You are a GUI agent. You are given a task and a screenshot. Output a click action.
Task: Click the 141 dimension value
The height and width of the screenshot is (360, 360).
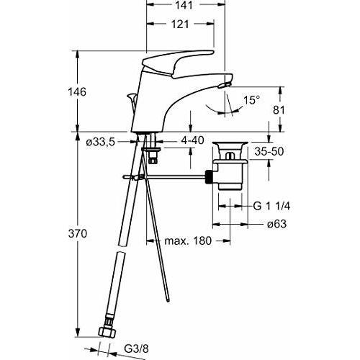point(184,5)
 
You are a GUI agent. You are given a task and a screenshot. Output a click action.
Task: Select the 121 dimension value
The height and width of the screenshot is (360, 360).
point(180,24)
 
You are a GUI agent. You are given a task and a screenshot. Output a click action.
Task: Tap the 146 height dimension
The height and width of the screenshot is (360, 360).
point(77,92)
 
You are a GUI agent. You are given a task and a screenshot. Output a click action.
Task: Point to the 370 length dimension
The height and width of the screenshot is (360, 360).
point(77,233)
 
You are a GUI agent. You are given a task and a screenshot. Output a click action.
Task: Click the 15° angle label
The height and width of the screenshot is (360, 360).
point(251,100)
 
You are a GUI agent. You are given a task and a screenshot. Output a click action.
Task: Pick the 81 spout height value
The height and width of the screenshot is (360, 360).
point(279,110)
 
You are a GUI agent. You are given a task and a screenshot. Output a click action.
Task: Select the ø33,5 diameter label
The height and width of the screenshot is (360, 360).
point(101,143)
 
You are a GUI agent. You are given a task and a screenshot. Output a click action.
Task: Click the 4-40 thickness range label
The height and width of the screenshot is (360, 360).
point(192,140)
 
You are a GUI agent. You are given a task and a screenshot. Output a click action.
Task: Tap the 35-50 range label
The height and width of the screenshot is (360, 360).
point(269,151)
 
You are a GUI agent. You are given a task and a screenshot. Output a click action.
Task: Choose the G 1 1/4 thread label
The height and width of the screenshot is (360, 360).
point(271,206)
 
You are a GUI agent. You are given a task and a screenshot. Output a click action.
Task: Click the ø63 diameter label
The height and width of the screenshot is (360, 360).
point(277,224)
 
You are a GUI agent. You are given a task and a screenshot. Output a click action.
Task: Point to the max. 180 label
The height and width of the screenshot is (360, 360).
point(188,240)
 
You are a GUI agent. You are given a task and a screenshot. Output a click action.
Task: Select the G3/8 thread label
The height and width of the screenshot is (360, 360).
point(136,348)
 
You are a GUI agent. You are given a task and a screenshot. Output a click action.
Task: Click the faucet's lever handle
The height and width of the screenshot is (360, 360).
point(178,64)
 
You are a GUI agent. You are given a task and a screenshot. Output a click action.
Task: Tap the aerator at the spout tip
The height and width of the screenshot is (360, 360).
point(224,85)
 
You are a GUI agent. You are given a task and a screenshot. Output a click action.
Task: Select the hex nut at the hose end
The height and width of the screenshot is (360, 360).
point(107,332)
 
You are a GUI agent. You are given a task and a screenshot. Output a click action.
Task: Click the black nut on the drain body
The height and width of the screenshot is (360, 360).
point(209,177)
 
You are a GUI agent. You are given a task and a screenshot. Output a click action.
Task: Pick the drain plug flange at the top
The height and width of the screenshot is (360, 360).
point(230,144)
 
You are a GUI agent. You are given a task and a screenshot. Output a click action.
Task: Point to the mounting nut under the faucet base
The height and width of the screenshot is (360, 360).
point(150,150)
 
